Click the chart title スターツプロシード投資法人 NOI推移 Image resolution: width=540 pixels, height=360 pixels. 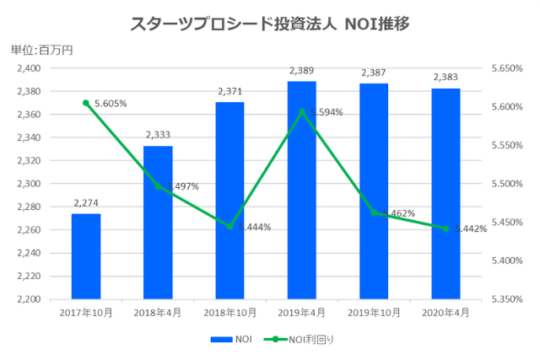coord(271,24)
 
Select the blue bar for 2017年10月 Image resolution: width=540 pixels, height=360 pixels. coord(86,256)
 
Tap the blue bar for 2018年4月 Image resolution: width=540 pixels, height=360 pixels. coord(158,223)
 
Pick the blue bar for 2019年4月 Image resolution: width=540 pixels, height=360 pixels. coord(302,190)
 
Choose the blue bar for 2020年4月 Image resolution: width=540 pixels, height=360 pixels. coord(445,193)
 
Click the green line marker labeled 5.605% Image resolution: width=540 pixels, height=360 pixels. coord(86,103)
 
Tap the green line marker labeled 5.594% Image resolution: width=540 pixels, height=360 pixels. coord(302,111)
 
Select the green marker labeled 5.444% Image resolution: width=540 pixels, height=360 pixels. coord(229,226)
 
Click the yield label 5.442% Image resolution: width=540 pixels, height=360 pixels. coord(470,228)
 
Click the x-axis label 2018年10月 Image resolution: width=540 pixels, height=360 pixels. coord(229,312)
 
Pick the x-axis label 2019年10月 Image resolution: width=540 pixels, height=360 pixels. coord(374,312)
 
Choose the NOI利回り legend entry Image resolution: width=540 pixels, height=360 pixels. coord(297,339)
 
